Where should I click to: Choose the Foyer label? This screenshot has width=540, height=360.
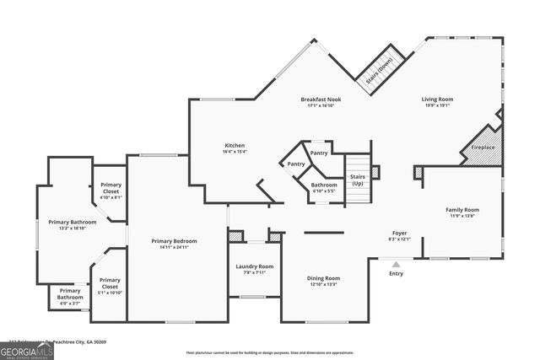400,235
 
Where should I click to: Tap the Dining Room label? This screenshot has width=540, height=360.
323,281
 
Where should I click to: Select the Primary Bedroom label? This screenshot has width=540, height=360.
174,244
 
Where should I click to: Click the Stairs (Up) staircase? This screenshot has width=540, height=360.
358,180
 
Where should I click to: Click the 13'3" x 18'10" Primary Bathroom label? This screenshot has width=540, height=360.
72,224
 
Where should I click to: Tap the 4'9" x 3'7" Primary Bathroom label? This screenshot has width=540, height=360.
70,297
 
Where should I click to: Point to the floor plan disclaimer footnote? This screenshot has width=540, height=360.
269,352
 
